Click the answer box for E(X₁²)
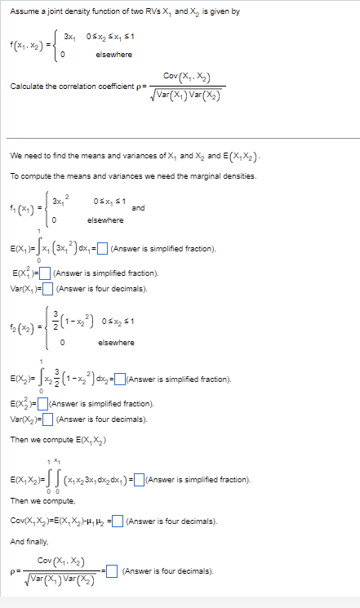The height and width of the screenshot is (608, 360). coord(46,273)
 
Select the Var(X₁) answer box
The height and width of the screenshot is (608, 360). coord(48,287)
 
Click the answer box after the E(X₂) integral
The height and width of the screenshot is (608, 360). coord(121,379)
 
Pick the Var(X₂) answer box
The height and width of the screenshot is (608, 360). coord(48,419)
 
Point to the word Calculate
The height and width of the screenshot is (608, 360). coord(27,85)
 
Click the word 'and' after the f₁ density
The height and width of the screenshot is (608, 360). coord(137,208)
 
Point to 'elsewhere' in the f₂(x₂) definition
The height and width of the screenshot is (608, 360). coord(115,342)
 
